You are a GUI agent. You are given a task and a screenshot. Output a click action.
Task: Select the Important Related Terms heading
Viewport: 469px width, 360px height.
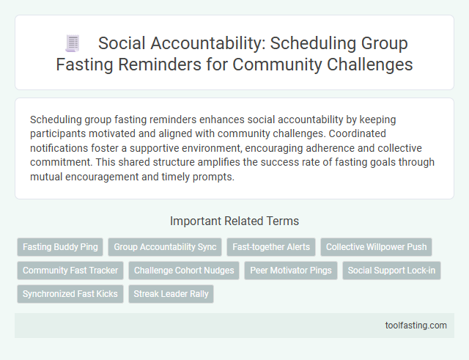pos(234,221)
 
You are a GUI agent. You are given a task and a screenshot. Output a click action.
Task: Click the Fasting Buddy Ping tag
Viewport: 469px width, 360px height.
pos(59,247)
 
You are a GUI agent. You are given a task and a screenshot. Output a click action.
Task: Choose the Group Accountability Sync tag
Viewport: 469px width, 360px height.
pos(164,247)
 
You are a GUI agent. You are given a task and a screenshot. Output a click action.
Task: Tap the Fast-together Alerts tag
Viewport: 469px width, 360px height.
pos(270,247)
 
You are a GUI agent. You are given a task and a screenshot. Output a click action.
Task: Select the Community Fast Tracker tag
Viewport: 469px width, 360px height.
pos(70,271)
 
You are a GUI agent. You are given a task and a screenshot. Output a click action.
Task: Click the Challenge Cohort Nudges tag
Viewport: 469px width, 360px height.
pos(185,271)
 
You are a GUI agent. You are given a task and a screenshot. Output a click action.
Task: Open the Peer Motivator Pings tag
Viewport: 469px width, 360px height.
pos(291,271)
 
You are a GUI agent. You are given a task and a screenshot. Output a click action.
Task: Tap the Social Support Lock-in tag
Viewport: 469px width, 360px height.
pos(391,271)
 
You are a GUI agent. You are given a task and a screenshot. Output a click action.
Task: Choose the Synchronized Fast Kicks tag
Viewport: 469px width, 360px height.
pos(70,294)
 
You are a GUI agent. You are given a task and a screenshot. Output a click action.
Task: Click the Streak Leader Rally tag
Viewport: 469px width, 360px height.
pos(171,294)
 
